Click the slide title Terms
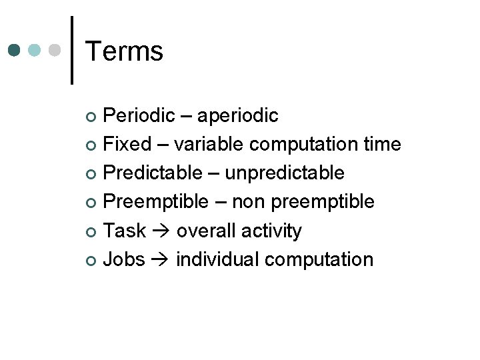click(124, 51)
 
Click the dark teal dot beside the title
click(15, 50)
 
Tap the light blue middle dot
click(35, 50)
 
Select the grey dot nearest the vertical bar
click(55, 50)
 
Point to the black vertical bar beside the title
click(72, 50)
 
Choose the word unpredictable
click(285, 173)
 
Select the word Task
click(125, 231)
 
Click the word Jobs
click(125, 259)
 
